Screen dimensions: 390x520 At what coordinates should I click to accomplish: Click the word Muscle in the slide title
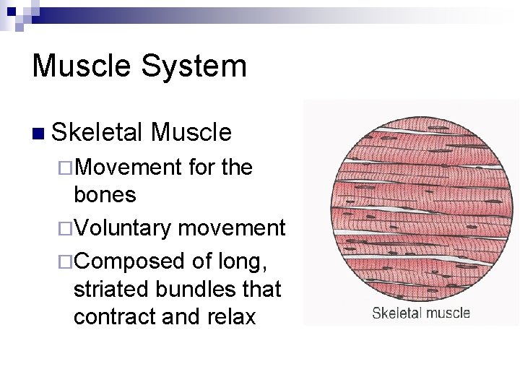(79, 66)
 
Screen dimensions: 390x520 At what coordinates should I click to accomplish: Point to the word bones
(105, 194)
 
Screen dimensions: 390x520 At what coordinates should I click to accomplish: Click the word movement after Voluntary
(231, 228)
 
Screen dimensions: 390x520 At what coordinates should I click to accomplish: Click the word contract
(111, 317)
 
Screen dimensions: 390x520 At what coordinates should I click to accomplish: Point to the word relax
(230, 317)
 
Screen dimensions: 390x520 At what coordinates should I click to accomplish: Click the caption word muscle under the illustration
(447, 313)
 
